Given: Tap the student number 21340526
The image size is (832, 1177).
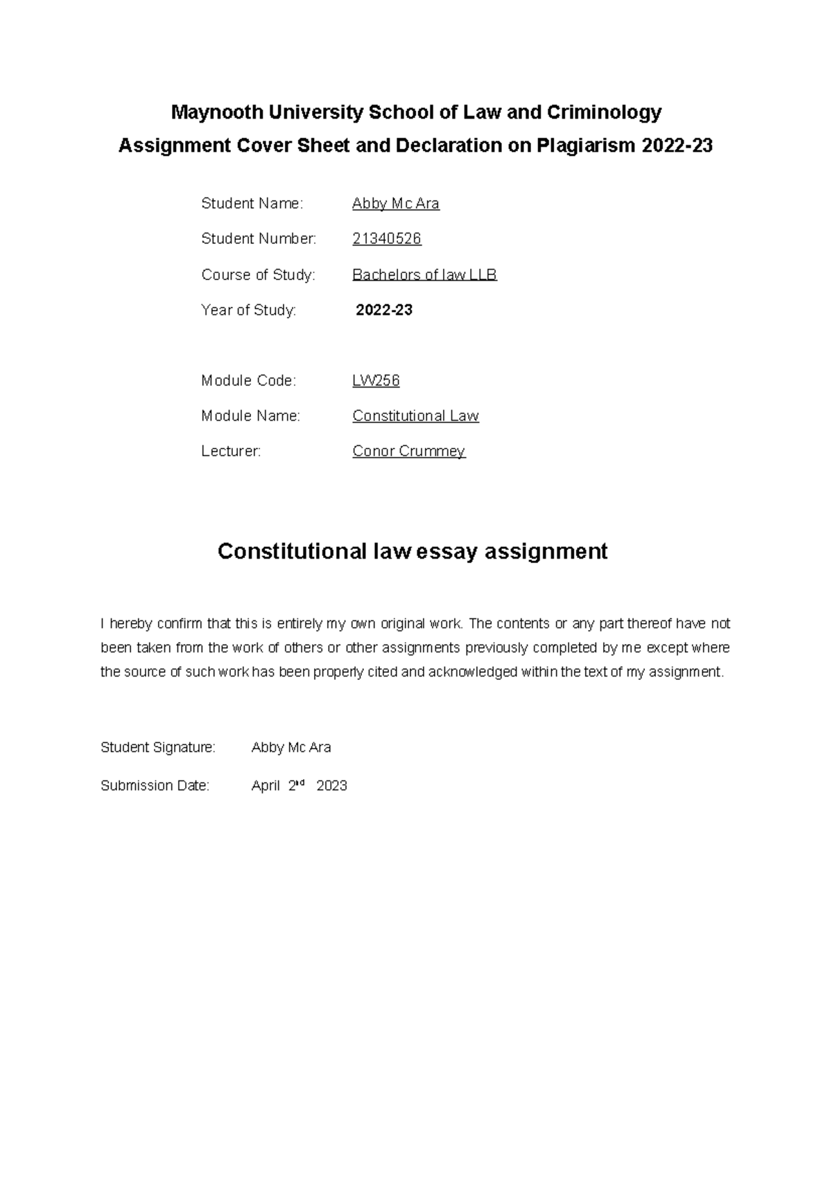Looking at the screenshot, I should [x=387, y=239].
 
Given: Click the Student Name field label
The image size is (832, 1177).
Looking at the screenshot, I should [x=252, y=204].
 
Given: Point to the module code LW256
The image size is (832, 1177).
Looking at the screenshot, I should [x=376, y=381].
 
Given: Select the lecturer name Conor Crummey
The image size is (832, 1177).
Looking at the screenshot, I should [x=408, y=451].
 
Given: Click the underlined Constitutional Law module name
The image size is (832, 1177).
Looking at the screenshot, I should [x=415, y=416].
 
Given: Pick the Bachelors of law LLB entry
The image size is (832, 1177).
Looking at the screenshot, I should [x=424, y=275].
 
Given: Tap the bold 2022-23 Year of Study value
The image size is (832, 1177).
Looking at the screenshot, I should [x=384, y=311].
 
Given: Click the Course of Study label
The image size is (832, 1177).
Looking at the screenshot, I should [x=258, y=275].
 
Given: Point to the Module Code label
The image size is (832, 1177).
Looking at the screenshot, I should [x=248, y=381].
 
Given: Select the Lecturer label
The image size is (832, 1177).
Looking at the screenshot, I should [x=231, y=451].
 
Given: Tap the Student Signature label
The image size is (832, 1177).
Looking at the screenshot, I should [x=158, y=747].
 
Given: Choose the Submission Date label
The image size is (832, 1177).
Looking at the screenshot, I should [x=155, y=786].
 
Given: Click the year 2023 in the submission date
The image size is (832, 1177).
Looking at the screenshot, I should [x=331, y=786].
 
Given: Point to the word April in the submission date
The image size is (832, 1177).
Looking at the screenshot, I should [x=266, y=786].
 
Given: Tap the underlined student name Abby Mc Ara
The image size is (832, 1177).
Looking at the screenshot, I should [x=396, y=204].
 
